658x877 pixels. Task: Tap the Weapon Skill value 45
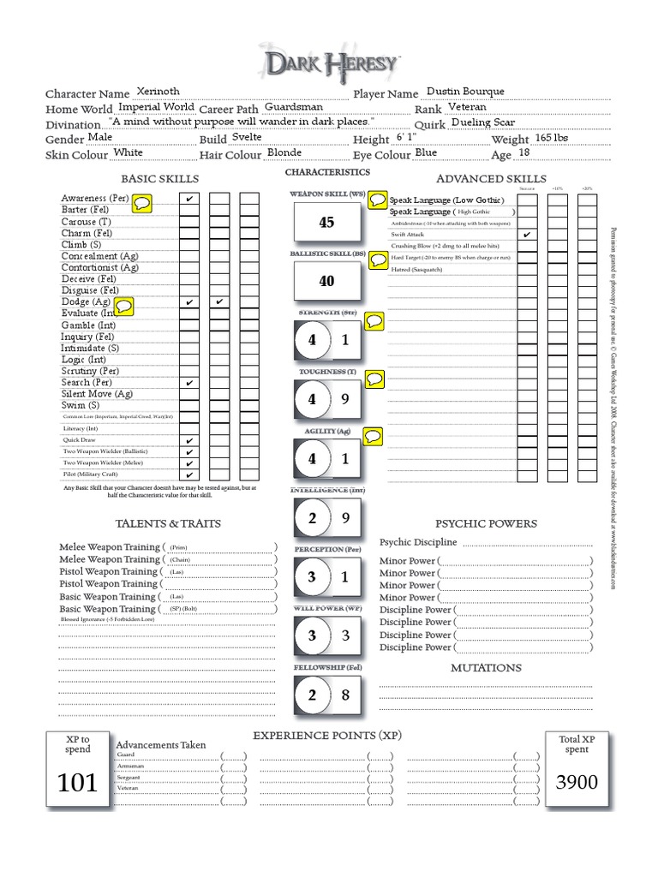pos(326,223)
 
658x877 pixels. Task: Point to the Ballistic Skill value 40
pos(326,281)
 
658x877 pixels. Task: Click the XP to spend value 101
pos(77,782)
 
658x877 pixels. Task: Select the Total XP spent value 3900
pos(577,782)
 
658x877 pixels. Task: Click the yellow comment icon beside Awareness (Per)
pos(142,202)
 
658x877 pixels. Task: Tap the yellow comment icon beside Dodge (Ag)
pos(124,305)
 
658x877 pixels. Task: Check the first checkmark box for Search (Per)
pos(188,383)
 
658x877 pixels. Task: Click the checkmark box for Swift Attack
pos(527,234)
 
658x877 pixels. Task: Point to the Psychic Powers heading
pos(486,523)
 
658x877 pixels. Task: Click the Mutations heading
pos(486,667)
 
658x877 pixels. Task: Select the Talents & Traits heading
pos(168,523)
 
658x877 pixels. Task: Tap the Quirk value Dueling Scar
pos(482,122)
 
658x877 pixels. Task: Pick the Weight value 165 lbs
pos(551,138)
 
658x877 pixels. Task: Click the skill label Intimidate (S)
pos(90,349)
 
